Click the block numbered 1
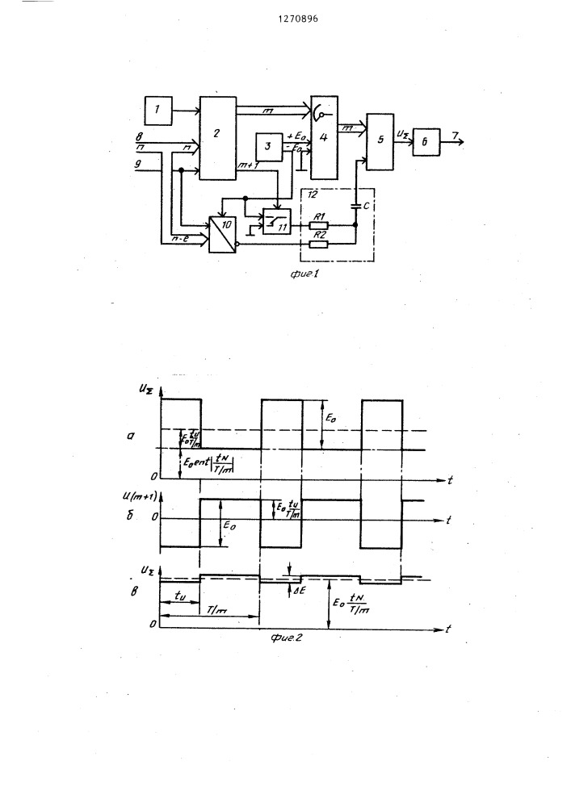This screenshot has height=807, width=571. coord(159,110)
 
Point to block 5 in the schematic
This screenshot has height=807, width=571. coord(380,141)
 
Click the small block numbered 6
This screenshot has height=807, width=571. coord(425,144)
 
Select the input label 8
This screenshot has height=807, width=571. coord(140,137)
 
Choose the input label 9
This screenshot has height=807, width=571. coord(140,165)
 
